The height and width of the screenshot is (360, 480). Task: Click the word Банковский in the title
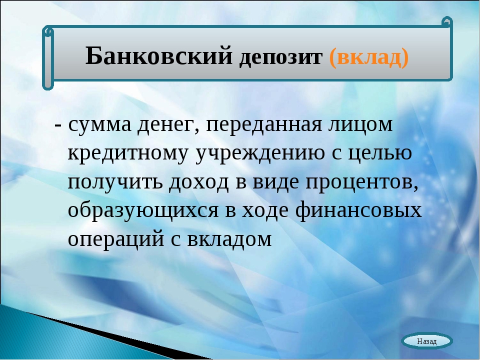point(159,56)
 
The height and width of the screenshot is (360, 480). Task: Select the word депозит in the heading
point(280,57)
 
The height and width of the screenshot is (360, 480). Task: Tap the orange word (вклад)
point(369,57)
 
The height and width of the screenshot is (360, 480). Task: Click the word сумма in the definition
point(100,124)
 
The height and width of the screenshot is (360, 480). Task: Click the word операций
point(116,239)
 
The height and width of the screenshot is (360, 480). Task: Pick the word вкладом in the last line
point(229,239)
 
